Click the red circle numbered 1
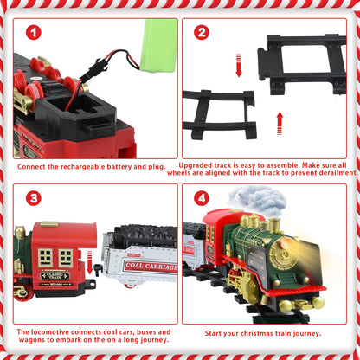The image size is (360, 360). click(34, 33)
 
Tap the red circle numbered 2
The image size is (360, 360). click(202, 32)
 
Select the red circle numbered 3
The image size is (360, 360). click(34, 198)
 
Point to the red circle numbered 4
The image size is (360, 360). click(202, 198)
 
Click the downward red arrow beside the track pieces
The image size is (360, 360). click(239, 65)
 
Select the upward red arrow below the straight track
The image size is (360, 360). click(280, 124)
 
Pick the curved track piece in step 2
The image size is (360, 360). click(220, 113)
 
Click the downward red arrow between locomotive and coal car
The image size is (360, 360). click(90, 262)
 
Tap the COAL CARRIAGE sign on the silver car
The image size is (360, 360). click(151, 267)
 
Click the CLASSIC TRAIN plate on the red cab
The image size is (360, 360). click(55, 276)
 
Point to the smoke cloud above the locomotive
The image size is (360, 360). click(257, 201)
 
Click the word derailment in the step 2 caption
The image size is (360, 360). click(338, 173)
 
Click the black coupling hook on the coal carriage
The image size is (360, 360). click(100, 270)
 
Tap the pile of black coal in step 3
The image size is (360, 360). click(145, 235)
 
